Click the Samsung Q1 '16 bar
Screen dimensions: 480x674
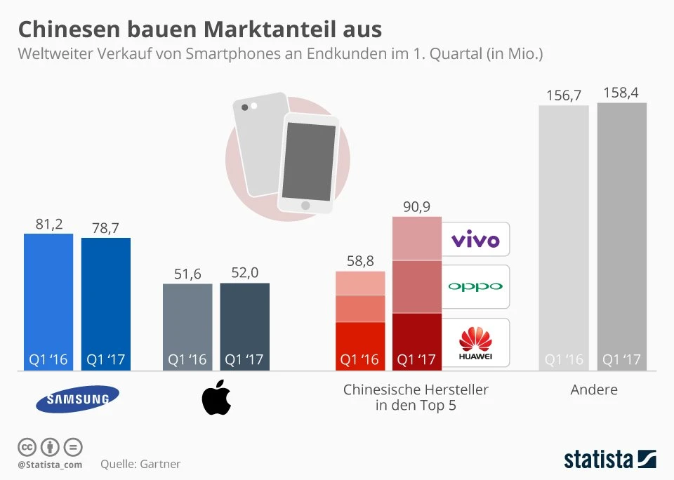pos(48,302)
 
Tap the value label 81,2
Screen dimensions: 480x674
pos(48,224)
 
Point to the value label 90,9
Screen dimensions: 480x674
pos(416,207)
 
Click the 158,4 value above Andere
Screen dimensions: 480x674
pos(621,94)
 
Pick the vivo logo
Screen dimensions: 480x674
pos(475,240)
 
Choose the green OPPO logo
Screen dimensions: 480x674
pos(475,286)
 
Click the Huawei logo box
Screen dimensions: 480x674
pos(475,342)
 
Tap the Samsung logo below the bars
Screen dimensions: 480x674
pos(77,399)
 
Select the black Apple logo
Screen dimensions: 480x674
pos(216,399)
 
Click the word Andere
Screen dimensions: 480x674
pos(594,389)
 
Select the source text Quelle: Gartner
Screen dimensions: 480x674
pos(140,464)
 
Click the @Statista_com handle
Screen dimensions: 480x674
pos(50,465)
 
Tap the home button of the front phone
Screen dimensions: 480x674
pos(305,205)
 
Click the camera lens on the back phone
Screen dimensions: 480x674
pos(244,107)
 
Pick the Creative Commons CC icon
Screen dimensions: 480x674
pos(27,446)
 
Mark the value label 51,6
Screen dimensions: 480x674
pos(187,274)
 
